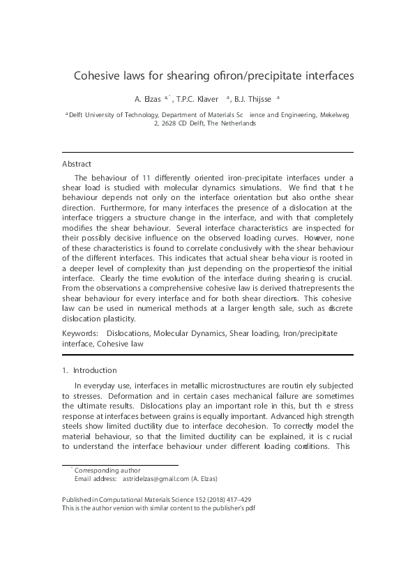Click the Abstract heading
(77, 164)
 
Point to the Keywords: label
(80, 333)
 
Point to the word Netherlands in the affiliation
(237, 123)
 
